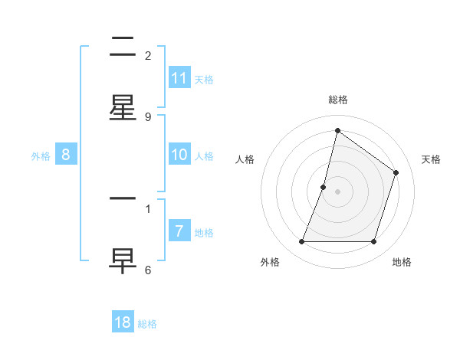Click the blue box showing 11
(x=179, y=78)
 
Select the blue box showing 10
(x=179, y=155)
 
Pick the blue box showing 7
(x=179, y=231)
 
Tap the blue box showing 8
(x=66, y=155)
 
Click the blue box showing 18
(x=123, y=322)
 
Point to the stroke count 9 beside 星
(x=148, y=116)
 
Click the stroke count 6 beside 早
(x=148, y=270)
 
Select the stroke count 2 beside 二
(x=148, y=55)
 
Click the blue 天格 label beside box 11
(x=204, y=79)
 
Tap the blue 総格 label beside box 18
(x=147, y=323)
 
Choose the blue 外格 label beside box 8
(x=41, y=155)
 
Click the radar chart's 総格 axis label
(x=337, y=100)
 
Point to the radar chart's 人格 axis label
(x=245, y=159)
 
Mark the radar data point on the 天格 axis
(x=396, y=172)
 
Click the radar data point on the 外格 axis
(x=301, y=242)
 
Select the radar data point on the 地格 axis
(x=373, y=242)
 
